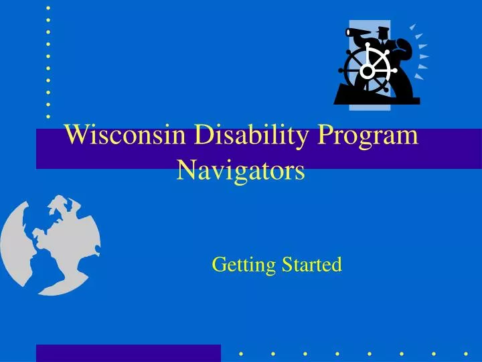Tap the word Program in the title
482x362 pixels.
(368, 137)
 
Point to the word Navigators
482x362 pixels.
(240, 171)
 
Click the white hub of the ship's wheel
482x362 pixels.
(367, 70)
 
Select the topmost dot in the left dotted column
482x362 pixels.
(48, 8)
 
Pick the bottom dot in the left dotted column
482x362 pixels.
(48, 116)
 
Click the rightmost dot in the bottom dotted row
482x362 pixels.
(465, 353)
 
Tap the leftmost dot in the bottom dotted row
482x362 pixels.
(241, 353)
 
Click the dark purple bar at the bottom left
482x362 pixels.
(128, 353)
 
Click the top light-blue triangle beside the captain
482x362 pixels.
(413, 27)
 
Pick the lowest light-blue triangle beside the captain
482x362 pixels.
(418, 76)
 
